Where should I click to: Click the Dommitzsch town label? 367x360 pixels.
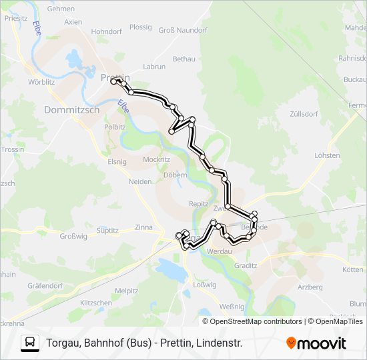(71, 110)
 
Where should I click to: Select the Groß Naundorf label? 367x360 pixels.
(183, 30)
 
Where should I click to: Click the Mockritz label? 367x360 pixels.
(156, 160)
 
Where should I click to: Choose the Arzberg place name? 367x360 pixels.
(310, 287)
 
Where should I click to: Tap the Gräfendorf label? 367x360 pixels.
(45, 285)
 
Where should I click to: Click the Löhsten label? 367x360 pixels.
(327, 155)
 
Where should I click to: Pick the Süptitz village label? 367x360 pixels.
(107, 231)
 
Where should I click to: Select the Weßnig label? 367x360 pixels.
(232, 307)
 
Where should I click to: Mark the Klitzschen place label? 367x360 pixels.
(96, 303)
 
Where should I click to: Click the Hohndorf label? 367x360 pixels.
(107, 31)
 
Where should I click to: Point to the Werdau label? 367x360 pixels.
(220, 252)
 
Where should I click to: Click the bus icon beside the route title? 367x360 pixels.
(30, 343)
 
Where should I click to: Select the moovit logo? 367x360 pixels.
(316, 343)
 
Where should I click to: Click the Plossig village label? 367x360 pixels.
(141, 27)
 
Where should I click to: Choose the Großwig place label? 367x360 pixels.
(74, 236)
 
